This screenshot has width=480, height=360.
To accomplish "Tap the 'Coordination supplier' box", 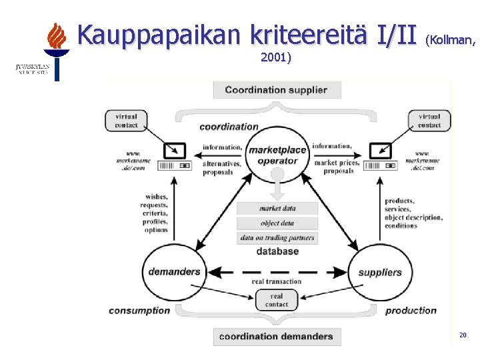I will (x=277, y=90).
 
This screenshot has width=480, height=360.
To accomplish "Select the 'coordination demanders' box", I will (x=277, y=336).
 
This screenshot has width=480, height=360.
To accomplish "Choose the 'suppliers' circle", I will (x=380, y=272).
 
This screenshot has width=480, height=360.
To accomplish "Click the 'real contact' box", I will (x=277, y=300).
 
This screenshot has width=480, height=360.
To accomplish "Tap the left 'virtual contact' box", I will (x=126, y=121).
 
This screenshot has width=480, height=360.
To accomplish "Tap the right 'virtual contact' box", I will (x=429, y=121).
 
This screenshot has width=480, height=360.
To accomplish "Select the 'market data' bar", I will (x=277, y=209).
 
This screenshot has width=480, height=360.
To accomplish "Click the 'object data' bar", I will (x=277, y=223).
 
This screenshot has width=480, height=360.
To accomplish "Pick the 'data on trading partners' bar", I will (x=277, y=238).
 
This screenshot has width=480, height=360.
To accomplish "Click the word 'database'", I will (x=277, y=252).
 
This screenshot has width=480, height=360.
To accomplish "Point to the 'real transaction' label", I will (x=277, y=281).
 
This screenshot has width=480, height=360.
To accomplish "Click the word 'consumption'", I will (x=139, y=311).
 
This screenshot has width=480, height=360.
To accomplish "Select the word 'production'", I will (x=411, y=311).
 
